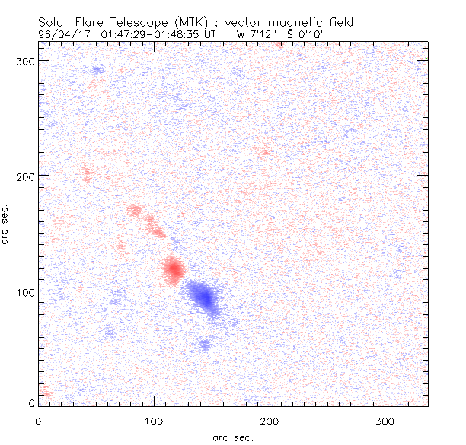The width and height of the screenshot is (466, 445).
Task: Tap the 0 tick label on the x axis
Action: click(38, 421)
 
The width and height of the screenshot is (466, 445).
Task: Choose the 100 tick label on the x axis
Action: click(154, 421)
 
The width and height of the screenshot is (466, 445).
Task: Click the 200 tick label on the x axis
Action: click(270, 421)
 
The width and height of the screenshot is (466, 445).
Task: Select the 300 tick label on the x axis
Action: click(385, 421)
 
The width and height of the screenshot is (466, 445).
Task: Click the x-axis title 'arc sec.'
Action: click(232, 437)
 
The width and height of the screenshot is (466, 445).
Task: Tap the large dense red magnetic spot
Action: click(174, 269)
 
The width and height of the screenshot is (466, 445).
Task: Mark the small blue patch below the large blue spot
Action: click(204, 344)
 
